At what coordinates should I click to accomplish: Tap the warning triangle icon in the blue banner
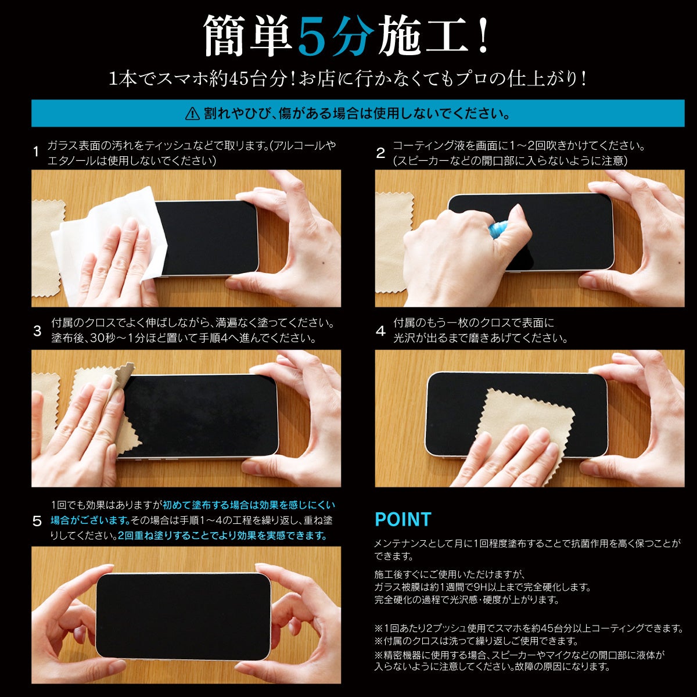click(192, 114)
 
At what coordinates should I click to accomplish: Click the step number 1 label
click(36, 152)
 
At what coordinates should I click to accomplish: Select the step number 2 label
click(380, 153)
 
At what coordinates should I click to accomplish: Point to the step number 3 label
click(37, 330)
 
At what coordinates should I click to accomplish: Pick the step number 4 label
click(380, 330)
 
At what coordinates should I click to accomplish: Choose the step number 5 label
click(37, 521)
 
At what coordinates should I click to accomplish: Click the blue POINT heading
click(403, 519)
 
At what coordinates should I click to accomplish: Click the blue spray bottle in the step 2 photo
click(498, 229)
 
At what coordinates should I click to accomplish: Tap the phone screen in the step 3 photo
click(201, 416)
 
